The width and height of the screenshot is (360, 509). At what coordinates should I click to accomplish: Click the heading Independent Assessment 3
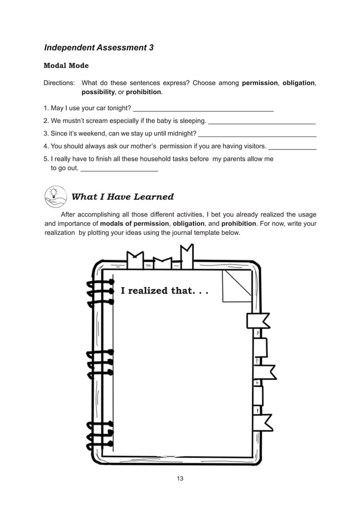(99, 47)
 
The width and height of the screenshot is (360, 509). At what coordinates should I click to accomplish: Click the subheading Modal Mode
(66, 65)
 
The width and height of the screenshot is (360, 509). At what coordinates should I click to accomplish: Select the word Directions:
(59, 83)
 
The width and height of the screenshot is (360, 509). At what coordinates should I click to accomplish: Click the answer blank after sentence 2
(261, 121)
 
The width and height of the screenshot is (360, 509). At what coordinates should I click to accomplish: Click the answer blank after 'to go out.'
(119, 168)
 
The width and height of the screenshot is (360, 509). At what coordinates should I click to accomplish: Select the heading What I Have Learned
(122, 197)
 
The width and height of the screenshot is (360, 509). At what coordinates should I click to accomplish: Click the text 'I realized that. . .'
(165, 291)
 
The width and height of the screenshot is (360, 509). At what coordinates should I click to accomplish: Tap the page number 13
(180, 479)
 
